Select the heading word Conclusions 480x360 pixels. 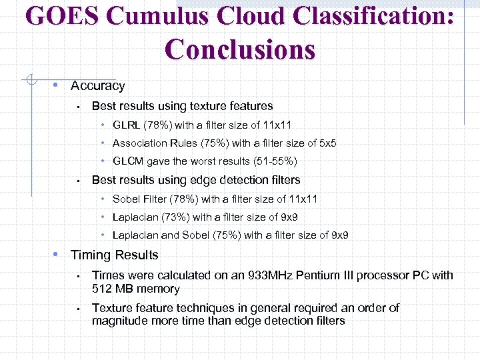[x=240, y=49]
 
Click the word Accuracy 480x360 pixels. [x=97, y=86]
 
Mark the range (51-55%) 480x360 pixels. [x=275, y=161]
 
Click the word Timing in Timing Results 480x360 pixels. [x=90, y=255]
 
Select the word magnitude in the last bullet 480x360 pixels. [x=120, y=321]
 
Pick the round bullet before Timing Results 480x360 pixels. [x=58, y=255]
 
